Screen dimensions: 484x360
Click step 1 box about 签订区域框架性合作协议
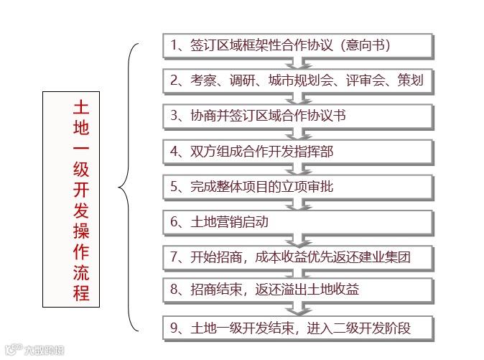click(x=297, y=45)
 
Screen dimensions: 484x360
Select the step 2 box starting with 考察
click(x=297, y=80)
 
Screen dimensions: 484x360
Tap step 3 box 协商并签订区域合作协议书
click(x=297, y=116)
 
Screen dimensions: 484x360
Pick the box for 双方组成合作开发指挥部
click(x=297, y=151)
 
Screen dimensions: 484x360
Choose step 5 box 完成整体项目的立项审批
click(x=297, y=187)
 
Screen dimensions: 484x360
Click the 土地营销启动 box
click(x=297, y=222)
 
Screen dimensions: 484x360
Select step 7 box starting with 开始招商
click(x=297, y=257)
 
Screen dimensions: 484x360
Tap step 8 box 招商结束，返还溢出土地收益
click(x=297, y=291)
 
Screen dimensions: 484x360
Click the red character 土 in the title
click(x=81, y=109)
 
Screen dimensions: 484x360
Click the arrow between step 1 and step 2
click(x=297, y=63)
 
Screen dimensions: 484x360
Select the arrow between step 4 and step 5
click(x=297, y=170)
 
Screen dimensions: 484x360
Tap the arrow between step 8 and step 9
click(x=297, y=310)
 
